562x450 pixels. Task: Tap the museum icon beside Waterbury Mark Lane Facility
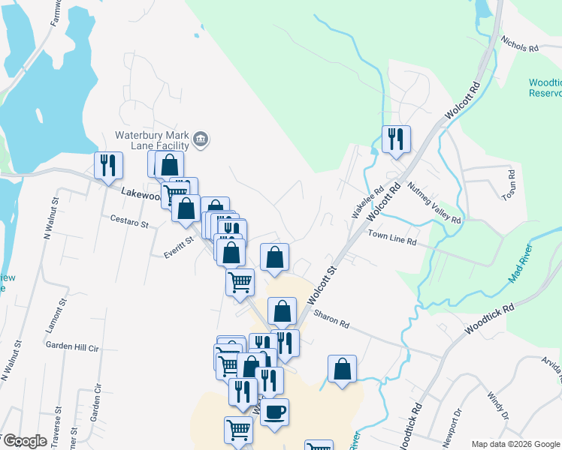click(201, 138)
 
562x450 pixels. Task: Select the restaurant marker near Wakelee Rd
click(395, 139)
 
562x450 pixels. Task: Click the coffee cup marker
click(274, 412)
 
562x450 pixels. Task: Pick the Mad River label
click(520, 263)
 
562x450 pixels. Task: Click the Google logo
click(25, 441)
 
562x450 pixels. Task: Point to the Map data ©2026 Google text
click(515, 444)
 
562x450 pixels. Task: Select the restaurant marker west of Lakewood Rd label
click(108, 165)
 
